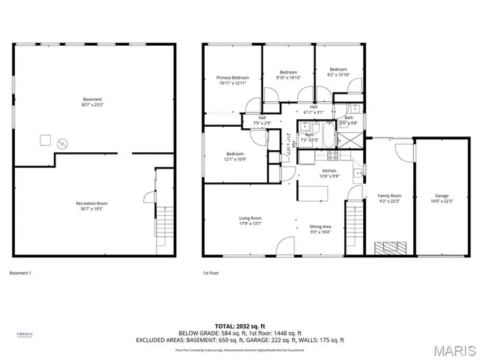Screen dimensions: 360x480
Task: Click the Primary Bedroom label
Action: pyautogui.click(x=232, y=78)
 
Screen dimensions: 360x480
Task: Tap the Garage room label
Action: pyautogui.click(x=442, y=196)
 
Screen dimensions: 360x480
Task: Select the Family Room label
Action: pyautogui.click(x=389, y=196)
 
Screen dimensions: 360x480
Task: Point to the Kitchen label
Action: pyautogui.click(x=329, y=171)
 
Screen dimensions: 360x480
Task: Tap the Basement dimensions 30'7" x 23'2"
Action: pyautogui.click(x=92, y=104)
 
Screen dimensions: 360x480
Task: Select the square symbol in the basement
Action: pyautogui.click(x=45, y=139)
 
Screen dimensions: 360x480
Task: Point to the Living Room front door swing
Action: pyautogui.click(x=284, y=246)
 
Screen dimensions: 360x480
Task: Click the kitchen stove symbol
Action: pyautogui.click(x=332, y=156)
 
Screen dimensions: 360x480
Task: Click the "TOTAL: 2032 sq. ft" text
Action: pyautogui.click(x=240, y=326)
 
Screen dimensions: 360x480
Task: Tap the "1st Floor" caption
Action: pyautogui.click(x=211, y=273)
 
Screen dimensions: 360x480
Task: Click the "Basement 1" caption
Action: pyautogui.click(x=20, y=273)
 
